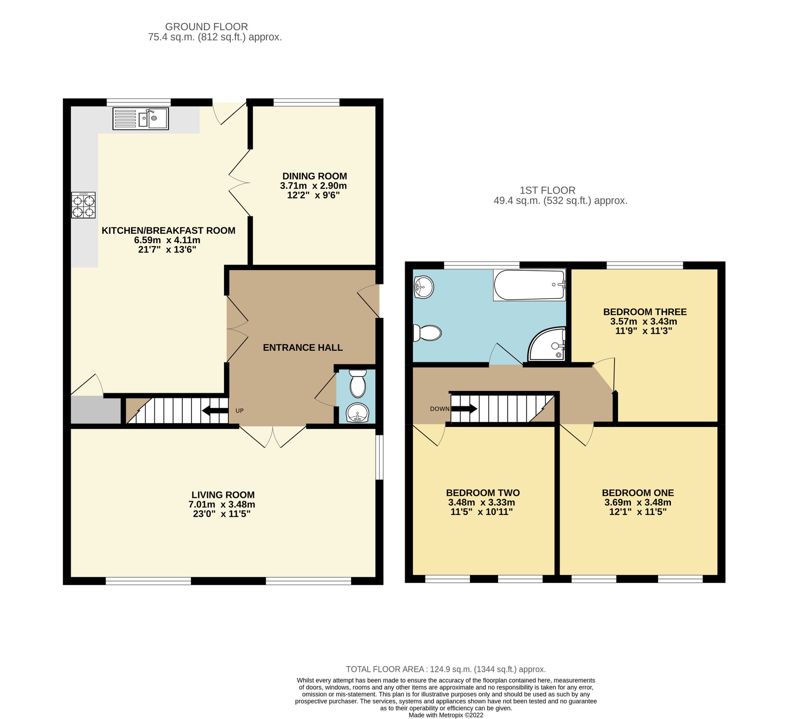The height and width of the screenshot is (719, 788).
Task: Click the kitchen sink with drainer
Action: [x=140, y=119]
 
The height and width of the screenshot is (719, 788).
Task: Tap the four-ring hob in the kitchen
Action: [x=84, y=205]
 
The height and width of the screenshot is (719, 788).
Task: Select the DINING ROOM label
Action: [x=314, y=176]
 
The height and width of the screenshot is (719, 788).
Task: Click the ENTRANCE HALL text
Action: [x=303, y=348]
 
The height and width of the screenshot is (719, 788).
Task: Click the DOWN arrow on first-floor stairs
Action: [x=464, y=409]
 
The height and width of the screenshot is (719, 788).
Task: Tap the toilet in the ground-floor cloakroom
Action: [x=357, y=384]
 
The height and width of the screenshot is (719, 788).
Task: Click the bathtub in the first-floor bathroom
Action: [x=529, y=285]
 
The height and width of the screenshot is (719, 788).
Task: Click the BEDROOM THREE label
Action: [x=644, y=312]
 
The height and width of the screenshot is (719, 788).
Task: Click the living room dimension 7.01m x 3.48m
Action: [x=221, y=504]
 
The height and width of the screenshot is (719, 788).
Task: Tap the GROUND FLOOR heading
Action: [x=206, y=27]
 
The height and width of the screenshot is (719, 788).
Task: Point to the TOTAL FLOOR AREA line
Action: [x=445, y=669]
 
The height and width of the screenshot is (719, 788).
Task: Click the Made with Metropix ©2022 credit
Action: [x=445, y=715]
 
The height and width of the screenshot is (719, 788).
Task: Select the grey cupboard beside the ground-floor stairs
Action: [x=96, y=409]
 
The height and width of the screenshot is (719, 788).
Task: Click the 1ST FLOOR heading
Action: [x=547, y=191]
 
